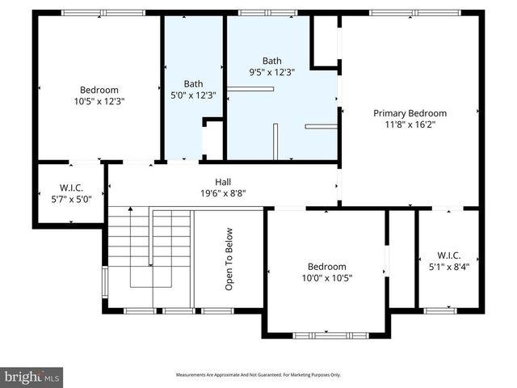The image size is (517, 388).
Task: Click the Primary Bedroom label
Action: tap(410, 114)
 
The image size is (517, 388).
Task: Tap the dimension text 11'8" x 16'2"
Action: tap(410, 125)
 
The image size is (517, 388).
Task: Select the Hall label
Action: tap(223, 182)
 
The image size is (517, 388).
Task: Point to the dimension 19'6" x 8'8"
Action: tap(223, 193)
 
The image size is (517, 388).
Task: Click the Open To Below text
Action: tap(229, 259)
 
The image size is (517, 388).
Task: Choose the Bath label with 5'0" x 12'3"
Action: tap(194, 83)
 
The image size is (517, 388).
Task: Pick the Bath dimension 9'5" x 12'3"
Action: tap(272, 72)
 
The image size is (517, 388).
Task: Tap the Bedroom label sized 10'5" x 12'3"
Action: tap(99, 90)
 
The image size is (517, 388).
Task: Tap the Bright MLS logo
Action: tap(32, 377)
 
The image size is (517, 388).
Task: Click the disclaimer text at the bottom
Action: tap(258, 375)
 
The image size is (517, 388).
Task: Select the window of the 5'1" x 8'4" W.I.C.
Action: tap(440, 310)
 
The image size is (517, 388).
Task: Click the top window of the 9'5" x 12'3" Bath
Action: tap(267, 13)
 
